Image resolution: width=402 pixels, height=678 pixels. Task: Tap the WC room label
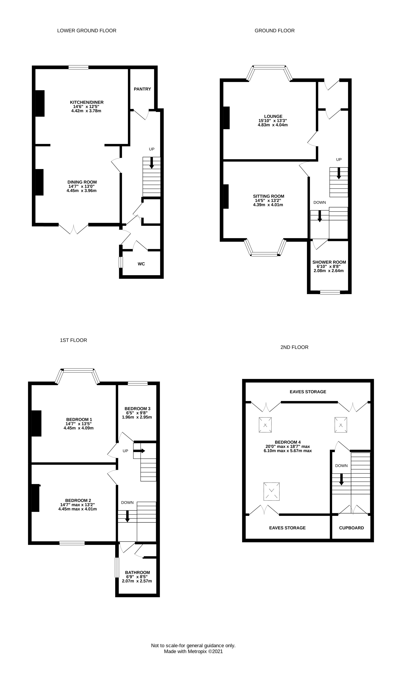coord(141,264)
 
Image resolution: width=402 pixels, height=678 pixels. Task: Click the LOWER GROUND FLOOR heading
coord(87,31)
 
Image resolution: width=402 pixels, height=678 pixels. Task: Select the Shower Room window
coord(330,292)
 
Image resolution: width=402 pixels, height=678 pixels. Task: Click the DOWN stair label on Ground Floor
coord(320,203)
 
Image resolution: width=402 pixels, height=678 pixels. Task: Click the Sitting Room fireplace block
coord(226,197)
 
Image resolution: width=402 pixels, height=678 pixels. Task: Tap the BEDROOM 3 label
coord(137,409)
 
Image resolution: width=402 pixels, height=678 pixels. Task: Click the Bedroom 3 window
coord(138,383)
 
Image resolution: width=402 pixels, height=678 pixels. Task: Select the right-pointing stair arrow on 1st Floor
coord(139,451)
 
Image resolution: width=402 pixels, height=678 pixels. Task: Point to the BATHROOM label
coord(137,572)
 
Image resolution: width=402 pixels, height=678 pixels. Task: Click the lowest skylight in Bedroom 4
coord(271,491)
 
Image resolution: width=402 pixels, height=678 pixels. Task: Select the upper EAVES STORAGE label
coord(308,392)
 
